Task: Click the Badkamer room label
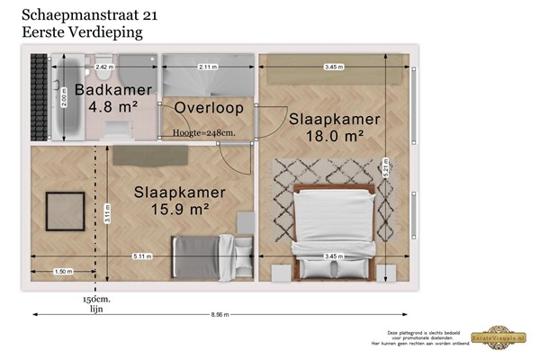pyautogui.click(x=104, y=90)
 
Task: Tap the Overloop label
pyautogui.click(x=207, y=108)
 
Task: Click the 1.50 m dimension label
pyautogui.click(x=63, y=271)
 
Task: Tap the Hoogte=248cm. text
pyautogui.click(x=206, y=132)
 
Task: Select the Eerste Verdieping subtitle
pyautogui.click(x=82, y=31)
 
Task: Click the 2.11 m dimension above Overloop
pyautogui.click(x=208, y=67)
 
